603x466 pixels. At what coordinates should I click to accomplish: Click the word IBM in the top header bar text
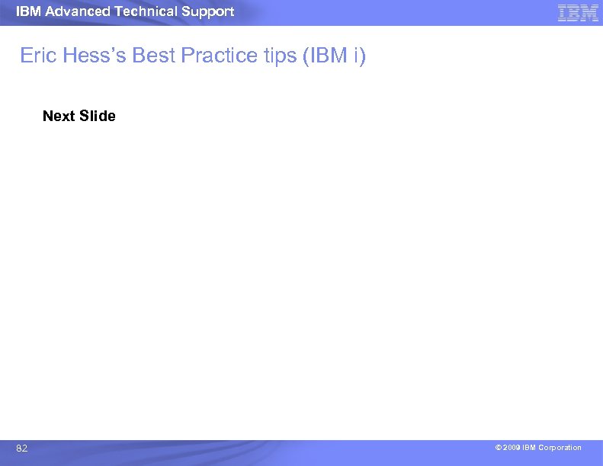27,11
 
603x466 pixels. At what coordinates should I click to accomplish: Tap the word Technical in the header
147,11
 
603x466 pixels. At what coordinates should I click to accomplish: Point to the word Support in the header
207,11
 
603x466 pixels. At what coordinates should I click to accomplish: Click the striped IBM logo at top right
578,13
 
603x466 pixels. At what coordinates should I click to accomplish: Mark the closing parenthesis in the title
363,56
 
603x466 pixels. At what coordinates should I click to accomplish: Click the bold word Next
59,116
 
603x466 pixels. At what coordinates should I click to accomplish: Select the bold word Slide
98,116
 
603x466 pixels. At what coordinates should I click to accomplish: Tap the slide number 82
22,449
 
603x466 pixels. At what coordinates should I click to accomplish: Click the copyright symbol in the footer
497,448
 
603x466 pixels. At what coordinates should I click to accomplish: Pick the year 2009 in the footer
511,448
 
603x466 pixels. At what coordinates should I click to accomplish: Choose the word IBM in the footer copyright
528,448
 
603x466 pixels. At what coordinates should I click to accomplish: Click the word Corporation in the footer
560,448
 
